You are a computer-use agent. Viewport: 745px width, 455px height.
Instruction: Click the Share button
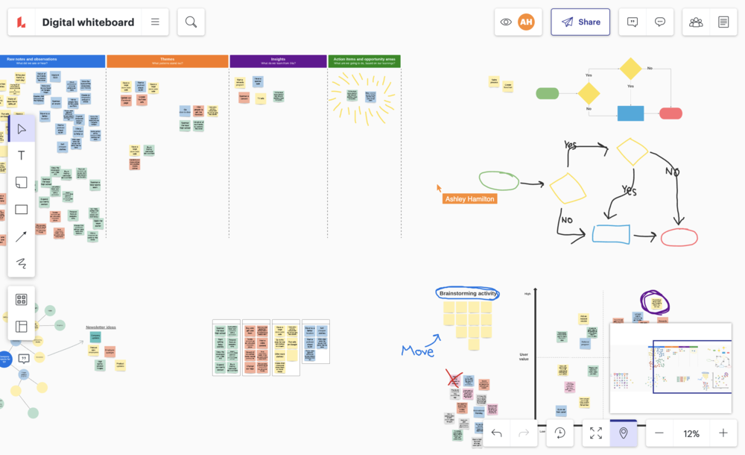click(x=580, y=22)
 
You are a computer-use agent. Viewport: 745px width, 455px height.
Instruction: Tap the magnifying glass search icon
click(x=191, y=22)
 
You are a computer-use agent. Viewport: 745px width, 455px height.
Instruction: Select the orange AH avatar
click(x=527, y=22)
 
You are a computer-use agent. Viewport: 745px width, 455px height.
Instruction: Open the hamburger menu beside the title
click(x=155, y=22)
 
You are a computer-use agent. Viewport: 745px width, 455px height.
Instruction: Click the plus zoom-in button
click(x=723, y=433)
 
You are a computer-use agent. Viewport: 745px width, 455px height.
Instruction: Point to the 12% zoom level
click(x=691, y=433)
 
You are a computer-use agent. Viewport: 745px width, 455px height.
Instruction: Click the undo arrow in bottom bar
click(x=497, y=433)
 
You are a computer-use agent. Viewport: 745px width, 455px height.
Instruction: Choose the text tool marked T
click(x=22, y=155)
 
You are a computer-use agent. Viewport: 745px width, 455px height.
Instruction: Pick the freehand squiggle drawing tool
click(x=22, y=263)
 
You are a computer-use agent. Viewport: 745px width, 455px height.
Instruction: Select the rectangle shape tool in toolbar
click(x=22, y=210)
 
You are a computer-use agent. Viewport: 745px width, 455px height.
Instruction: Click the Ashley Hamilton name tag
click(x=469, y=199)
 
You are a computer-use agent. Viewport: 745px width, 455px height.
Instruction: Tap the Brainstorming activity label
click(x=467, y=294)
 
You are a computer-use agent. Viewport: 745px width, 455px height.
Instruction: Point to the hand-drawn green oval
click(x=498, y=181)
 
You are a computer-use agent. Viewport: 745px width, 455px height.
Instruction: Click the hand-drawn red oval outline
click(x=679, y=237)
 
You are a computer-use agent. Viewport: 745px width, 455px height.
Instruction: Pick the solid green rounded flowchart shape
click(x=548, y=93)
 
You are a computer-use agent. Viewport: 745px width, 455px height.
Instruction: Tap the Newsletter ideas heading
click(x=101, y=327)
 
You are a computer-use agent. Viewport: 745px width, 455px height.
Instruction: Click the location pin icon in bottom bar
click(x=623, y=433)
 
